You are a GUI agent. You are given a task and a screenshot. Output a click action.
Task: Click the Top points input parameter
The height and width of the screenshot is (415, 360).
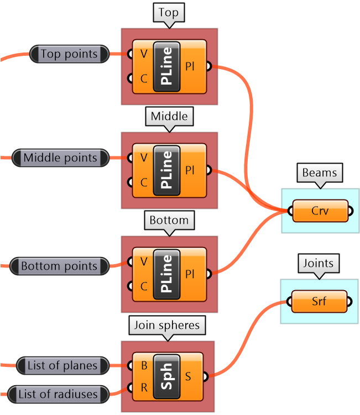point(69,54)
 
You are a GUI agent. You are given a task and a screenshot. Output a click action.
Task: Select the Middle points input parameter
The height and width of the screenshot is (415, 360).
point(60,158)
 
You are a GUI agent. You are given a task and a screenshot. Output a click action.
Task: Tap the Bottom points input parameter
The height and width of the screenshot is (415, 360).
point(59,266)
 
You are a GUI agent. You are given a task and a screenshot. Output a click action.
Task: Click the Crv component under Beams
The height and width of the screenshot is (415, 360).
point(320,211)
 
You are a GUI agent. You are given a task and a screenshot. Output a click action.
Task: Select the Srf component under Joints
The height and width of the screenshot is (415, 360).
point(320,301)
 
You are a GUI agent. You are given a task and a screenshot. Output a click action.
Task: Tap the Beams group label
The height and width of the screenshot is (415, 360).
point(319,173)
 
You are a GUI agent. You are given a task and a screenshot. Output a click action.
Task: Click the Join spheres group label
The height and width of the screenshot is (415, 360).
point(166,325)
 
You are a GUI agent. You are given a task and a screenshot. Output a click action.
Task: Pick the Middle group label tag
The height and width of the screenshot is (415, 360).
point(169,117)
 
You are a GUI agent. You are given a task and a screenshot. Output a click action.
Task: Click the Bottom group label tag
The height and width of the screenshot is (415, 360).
point(169,220)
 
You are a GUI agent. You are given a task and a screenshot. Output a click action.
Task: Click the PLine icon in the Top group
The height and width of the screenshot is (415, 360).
point(166,66)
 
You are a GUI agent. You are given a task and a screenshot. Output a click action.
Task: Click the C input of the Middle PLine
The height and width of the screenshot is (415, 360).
point(144,182)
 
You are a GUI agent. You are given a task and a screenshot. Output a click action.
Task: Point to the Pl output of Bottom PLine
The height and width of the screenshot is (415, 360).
point(190,274)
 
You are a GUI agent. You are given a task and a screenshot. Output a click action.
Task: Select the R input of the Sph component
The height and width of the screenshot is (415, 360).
point(144,387)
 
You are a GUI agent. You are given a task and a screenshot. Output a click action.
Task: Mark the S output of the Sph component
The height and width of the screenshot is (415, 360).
point(189,377)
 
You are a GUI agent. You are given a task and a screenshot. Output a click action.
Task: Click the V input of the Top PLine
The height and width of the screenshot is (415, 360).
point(144,54)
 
